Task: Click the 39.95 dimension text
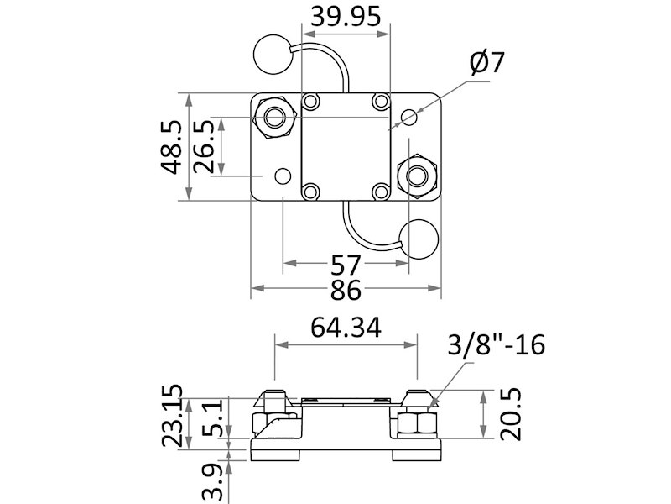click(346, 16)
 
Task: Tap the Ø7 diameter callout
click(488, 63)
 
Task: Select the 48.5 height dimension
click(173, 146)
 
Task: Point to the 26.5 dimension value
click(205, 146)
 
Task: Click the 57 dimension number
click(346, 266)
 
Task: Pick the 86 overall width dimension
click(346, 291)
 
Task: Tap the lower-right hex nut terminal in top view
click(417, 175)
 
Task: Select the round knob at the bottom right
click(419, 239)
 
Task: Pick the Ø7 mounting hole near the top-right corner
click(408, 117)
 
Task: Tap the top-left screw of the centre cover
click(311, 102)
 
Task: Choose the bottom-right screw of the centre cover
click(381, 192)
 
